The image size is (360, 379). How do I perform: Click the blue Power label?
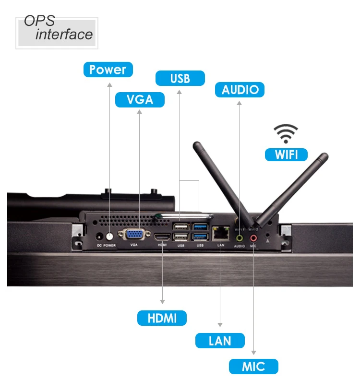click(x=108, y=70)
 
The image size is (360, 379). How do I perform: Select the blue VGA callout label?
click(x=140, y=99)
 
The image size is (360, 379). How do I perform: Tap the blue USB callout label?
click(x=180, y=78)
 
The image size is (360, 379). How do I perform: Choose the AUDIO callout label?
click(x=240, y=90)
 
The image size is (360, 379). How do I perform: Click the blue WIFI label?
click(x=286, y=154)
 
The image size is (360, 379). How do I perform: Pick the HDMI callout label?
click(x=162, y=318)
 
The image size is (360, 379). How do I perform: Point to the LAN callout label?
click(x=220, y=341)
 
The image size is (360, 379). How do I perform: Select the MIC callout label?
click(x=253, y=367)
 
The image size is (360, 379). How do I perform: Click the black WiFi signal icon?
click(x=286, y=133)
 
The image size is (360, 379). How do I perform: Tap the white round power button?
click(x=110, y=237)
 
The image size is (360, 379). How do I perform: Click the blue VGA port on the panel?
click(x=134, y=235)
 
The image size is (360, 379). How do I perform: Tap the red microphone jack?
click(x=253, y=237)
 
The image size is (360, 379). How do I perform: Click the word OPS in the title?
click(x=39, y=22)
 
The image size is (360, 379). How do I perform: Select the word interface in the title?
click(x=64, y=35)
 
